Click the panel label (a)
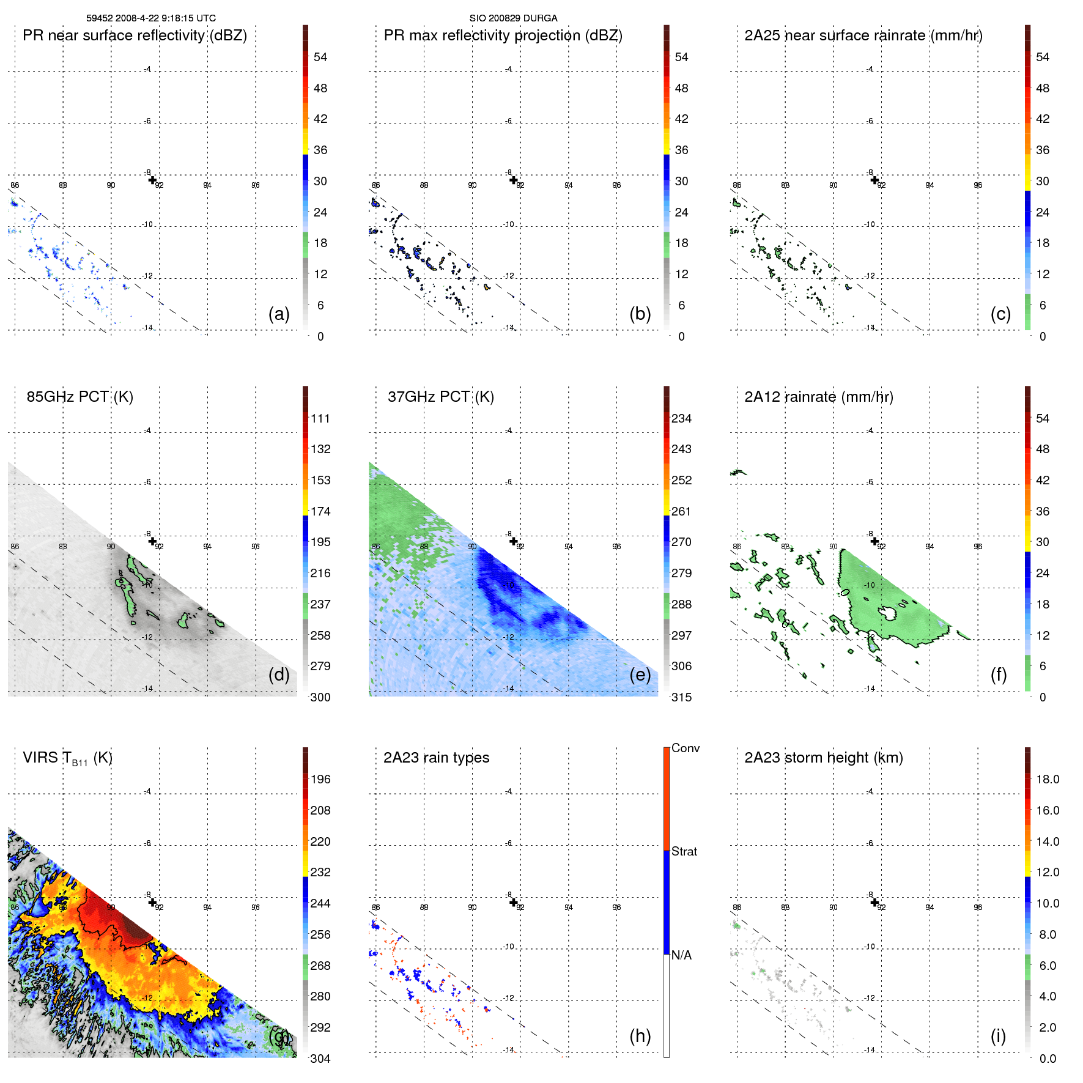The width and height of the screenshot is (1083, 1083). (279, 314)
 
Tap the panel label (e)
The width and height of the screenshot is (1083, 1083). (640, 675)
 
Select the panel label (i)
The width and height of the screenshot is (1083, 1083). (998, 1036)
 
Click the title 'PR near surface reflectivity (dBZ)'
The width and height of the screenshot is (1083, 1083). (135, 35)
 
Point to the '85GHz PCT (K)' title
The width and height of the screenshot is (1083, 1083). (79, 397)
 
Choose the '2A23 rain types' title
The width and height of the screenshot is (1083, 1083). (436, 758)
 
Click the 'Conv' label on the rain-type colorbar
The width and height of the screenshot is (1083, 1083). (686, 748)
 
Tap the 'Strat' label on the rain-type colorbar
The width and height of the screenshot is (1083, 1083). (684, 851)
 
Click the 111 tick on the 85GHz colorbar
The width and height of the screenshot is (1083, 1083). (320, 419)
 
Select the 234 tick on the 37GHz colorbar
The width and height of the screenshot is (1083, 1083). (681, 419)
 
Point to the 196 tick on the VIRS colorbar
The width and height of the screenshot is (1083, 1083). (320, 780)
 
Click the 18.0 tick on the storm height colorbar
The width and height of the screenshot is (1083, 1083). (1048, 780)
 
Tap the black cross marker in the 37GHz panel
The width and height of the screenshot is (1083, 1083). (514, 541)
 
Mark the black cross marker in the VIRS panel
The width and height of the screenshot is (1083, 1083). (152, 902)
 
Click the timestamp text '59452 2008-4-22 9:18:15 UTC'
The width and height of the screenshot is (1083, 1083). (151, 18)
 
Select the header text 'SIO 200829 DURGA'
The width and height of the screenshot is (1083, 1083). (513, 18)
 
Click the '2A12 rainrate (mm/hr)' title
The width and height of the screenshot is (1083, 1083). (819, 397)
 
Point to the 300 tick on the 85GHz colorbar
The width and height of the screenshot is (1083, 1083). (320, 697)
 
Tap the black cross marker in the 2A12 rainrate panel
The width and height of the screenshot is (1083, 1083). (874, 541)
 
